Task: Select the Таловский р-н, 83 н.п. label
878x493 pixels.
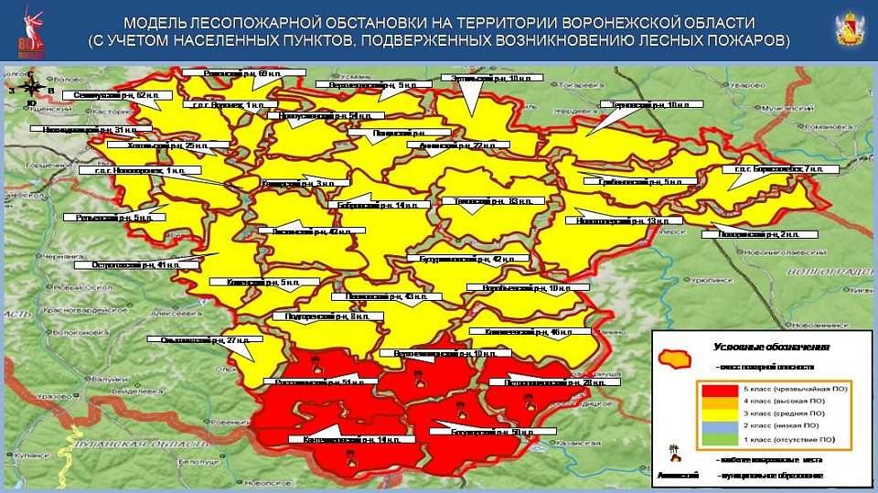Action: coord(492,200)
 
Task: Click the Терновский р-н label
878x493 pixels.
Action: coord(648,105)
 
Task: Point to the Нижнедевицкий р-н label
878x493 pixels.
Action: coord(83,130)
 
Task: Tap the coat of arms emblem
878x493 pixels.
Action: coord(849,29)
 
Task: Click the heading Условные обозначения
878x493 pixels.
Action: coord(770,348)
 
